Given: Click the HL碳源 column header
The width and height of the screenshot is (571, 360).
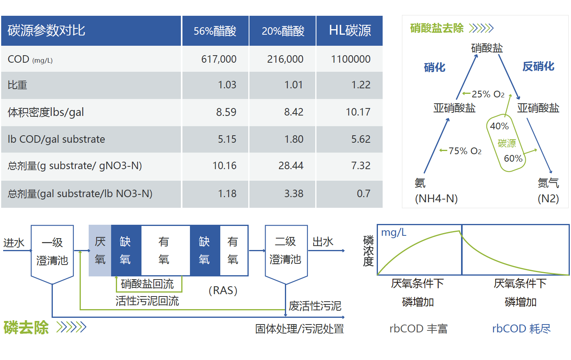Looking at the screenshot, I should pos(350,31).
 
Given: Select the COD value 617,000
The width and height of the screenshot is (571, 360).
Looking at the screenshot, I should pos(219,59).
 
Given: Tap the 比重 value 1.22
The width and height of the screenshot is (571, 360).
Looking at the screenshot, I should pos(361,85).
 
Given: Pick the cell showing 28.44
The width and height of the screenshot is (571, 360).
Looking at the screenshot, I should pos(290,166).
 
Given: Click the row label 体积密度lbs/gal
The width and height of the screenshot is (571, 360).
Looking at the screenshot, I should pos(46,112).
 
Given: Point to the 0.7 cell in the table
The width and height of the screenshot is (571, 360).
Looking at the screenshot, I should pos(363,194).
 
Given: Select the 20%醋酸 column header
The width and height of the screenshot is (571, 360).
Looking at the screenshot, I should pos(283,31).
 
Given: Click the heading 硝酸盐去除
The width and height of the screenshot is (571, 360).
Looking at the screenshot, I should pos(437,28).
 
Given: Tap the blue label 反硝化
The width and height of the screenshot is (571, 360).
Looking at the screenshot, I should pos(538,66).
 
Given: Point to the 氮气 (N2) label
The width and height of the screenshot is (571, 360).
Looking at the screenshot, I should pos(548,190).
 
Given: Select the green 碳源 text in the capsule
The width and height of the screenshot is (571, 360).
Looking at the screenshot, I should pos(506,143).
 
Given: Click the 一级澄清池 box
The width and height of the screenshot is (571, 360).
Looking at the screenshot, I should pos(52,252).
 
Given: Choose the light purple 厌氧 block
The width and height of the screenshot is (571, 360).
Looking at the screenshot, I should pos(100,250).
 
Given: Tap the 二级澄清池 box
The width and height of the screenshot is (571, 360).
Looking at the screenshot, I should pos(286,250).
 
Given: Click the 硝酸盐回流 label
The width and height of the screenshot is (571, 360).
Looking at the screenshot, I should pos(147,284).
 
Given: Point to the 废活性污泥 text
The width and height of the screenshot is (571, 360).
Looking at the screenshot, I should pos(315,306).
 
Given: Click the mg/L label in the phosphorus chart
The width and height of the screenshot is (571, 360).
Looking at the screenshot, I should pos(393,233).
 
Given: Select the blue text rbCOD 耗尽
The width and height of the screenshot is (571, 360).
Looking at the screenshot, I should pos(521,328).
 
